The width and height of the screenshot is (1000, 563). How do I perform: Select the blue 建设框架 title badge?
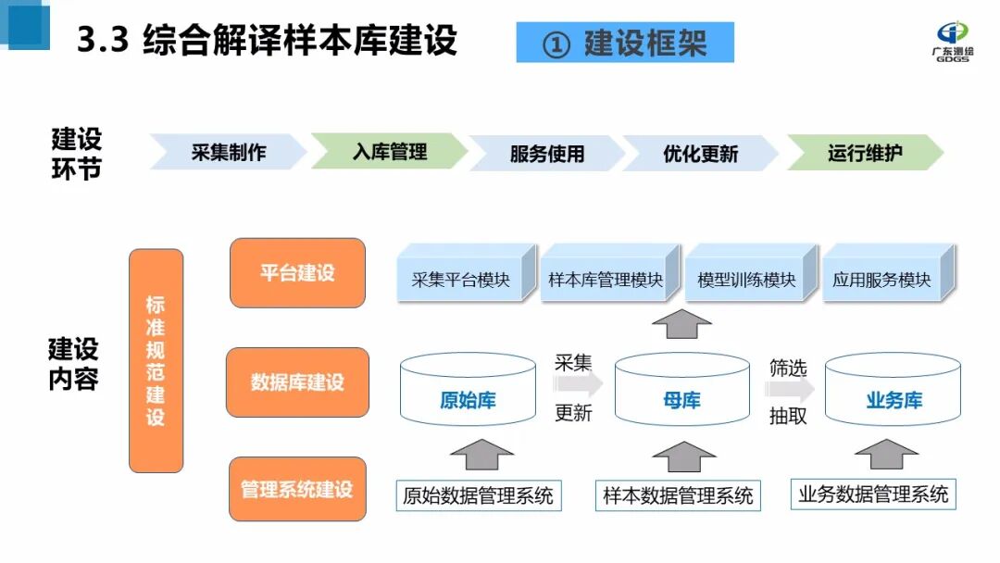tap(625, 43)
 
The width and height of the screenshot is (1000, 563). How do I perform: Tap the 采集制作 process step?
tap(228, 152)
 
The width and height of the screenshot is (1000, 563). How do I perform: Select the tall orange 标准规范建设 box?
tap(156, 360)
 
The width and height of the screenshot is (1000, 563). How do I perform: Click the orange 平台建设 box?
tap(297, 273)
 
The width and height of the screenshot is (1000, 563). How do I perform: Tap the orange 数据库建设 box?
tap(297, 382)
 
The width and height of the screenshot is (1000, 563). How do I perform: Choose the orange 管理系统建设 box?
tap(297, 489)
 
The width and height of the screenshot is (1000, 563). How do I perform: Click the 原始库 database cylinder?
tap(468, 394)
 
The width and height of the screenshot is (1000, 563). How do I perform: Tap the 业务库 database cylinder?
tap(893, 394)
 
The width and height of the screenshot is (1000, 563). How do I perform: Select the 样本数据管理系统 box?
tap(678, 495)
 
